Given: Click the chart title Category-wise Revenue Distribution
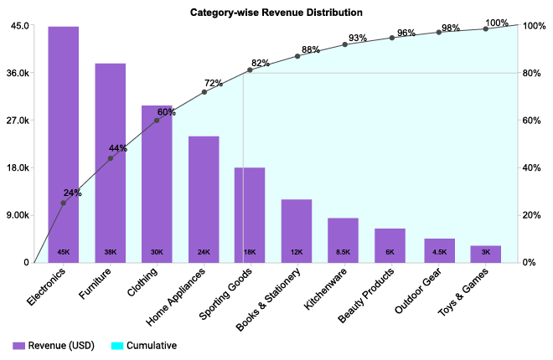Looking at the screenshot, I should pyautogui.click(x=276, y=13).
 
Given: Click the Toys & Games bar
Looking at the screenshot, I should pyautogui.click(x=486, y=254).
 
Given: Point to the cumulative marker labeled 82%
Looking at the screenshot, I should pyautogui.click(x=251, y=69).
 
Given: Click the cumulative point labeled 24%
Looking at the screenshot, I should pyautogui.click(x=63, y=203).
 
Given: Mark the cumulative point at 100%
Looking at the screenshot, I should pyautogui.click(x=486, y=28).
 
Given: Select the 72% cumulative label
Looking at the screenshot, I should pyautogui.click(x=213, y=83).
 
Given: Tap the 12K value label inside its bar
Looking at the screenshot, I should pyautogui.click(x=297, y=252).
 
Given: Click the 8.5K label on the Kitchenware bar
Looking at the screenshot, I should pyautogui.click(x=344, y=252).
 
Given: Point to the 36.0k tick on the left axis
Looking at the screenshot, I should pyautogui.click(x=17, y=73).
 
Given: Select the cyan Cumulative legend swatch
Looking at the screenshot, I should pyautogui.click(x=116, y=345).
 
